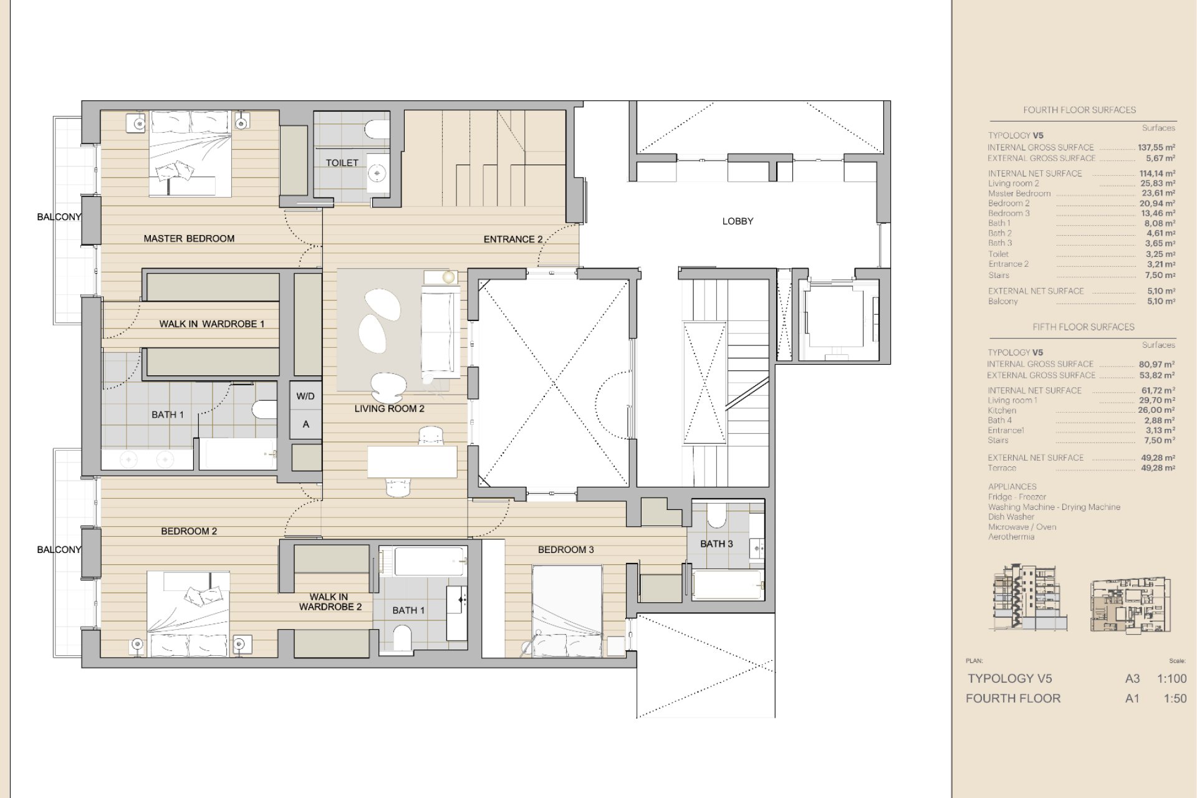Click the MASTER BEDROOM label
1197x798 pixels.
coord(189,238)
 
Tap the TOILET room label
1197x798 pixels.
coord(342,163)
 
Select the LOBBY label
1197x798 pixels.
coord(738,221)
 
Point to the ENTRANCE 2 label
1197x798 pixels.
coord(513,239)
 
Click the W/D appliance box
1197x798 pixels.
coord(305,396)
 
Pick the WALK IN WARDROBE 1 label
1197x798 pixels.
coord(212,324)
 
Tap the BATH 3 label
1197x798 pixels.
coord(716,544)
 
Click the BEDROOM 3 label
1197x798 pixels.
coord(566,549)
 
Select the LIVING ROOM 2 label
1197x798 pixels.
coord(390,408)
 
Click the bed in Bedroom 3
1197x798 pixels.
coord(567,611)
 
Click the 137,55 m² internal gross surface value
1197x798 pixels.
coord(1156,148)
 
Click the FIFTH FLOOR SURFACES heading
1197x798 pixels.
coord(1084,327)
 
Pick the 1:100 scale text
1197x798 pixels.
coord(1172,679)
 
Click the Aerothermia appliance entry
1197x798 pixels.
coord(1011,537)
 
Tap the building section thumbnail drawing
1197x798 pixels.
coord(1029,599)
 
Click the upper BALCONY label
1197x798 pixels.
coord(59,217)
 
